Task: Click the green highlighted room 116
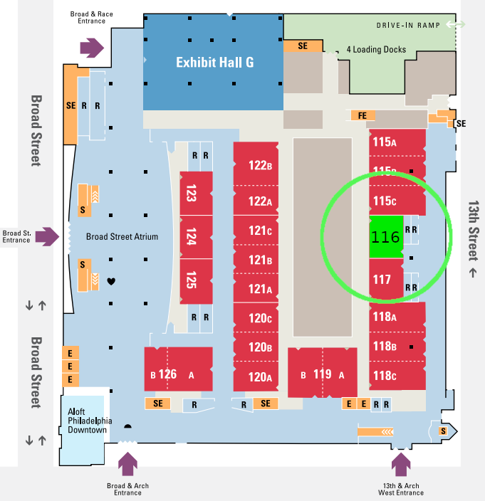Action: click(386, 237)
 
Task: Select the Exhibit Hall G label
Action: click(214, 63)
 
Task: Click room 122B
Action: click(261, 166)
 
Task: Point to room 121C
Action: click(261, 231)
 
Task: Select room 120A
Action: click(261, 376)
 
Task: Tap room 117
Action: click(385, 280)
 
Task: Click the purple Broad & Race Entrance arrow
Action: click(91, 48)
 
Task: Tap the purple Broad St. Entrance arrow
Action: click(47, 236)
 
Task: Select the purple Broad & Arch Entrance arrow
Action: click(127, 464)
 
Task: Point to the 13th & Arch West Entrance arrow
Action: click(401, 464)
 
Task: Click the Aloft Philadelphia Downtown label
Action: click(87, 421)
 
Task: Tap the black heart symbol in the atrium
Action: click(111, 282)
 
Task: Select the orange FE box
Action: click(362, 115)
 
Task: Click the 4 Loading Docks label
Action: click(375, 50)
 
